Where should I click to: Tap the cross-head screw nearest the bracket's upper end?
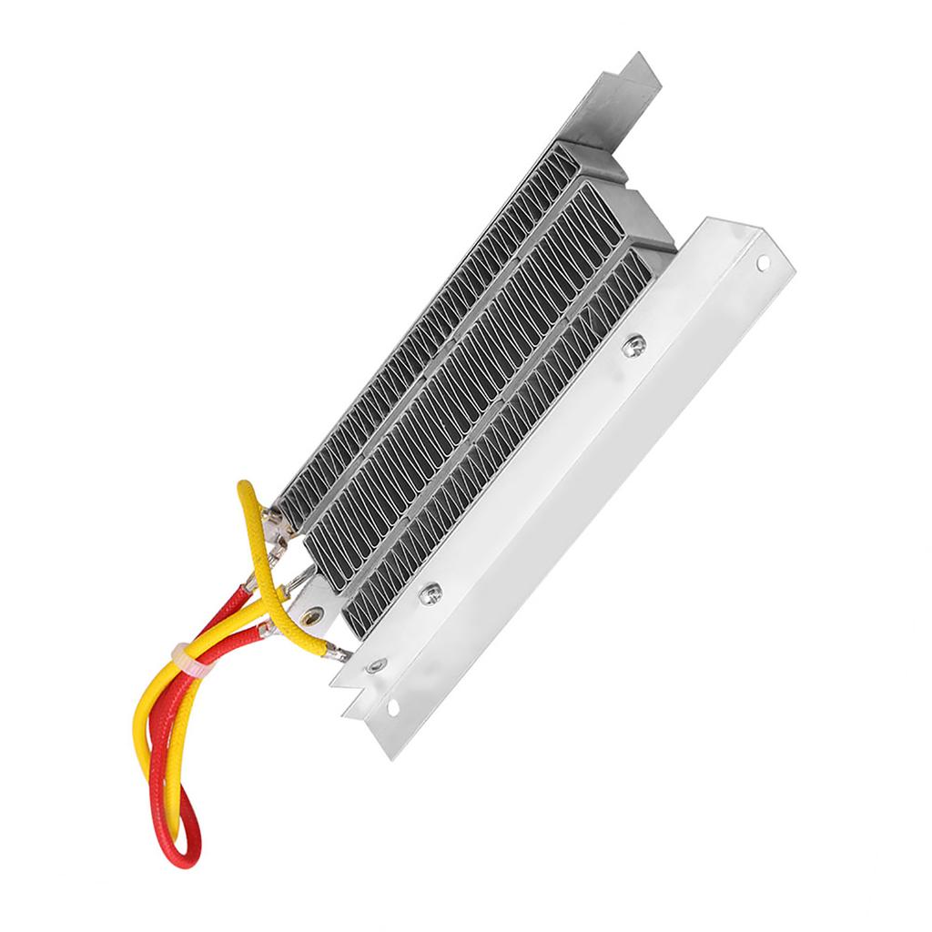click(x=634, y=345)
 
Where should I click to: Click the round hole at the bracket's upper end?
click(x=762, y=263)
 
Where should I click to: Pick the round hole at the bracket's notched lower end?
click(x=393, y=705)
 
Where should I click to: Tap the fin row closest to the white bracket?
click(x=510, y=437)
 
